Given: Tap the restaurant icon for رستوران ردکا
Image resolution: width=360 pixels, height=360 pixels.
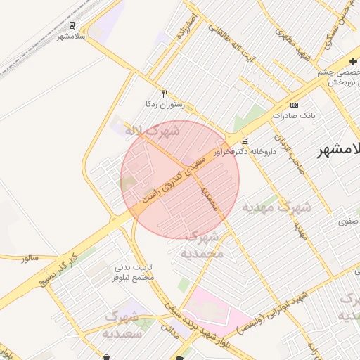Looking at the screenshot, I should (x=165, y=93).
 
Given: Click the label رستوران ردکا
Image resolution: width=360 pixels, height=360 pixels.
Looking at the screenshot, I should (x=165, y=105).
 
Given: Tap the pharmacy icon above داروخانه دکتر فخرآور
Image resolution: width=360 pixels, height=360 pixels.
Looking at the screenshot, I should (x=245, y=139).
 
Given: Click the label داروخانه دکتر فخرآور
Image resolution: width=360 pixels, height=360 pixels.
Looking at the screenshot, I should (x=243, y=151).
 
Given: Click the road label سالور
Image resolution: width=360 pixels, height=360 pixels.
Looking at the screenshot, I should (x=30, y=258).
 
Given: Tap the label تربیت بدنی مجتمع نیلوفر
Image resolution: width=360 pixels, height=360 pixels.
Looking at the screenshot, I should (x=134, y=272).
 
